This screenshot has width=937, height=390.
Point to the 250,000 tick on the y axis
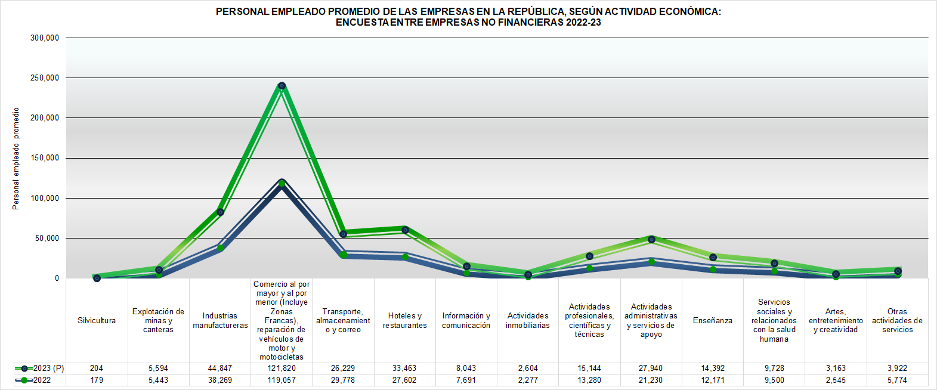pyautogui.click(x=45, y=78)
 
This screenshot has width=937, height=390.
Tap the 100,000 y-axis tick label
pyautogui.click(x=45, y=198)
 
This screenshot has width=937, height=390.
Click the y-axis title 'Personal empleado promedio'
pyautogui.click(x=16, y=158)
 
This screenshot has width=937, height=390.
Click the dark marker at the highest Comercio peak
pyautogui.click(x=282, y=86)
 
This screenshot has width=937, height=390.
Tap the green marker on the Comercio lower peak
pyautogui.click(x=282, y=183)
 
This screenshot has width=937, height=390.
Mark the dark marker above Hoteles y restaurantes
pyautogui.click(x=405, y=230)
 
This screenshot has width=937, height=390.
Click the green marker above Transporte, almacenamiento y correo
pyautogui.click(x=344, y=255)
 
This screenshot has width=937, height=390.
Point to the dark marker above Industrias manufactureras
pyautogui.click(x=220, y=212)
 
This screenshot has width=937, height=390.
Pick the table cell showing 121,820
pyautogui.click(x=282, y=368)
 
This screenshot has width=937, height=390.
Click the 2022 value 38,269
pyautogui.click(x=220, y=380)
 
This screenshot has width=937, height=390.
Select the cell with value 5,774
pyautogui.click(x=897, y=380)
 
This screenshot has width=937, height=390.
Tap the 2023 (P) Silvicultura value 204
pyautogui.click(x=97, y=368)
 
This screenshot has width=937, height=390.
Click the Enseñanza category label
pyautogui.click(x=713, y=321)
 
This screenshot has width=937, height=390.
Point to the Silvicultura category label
pyautogui.click(x=97, y=321)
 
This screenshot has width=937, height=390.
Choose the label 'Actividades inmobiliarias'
pyautogui.click(x=528, y=321)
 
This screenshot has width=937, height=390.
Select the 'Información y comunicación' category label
pyautogui.click(x=466, y=321)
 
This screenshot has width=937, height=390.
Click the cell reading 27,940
pyautogui.click(x=651, y=368)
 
